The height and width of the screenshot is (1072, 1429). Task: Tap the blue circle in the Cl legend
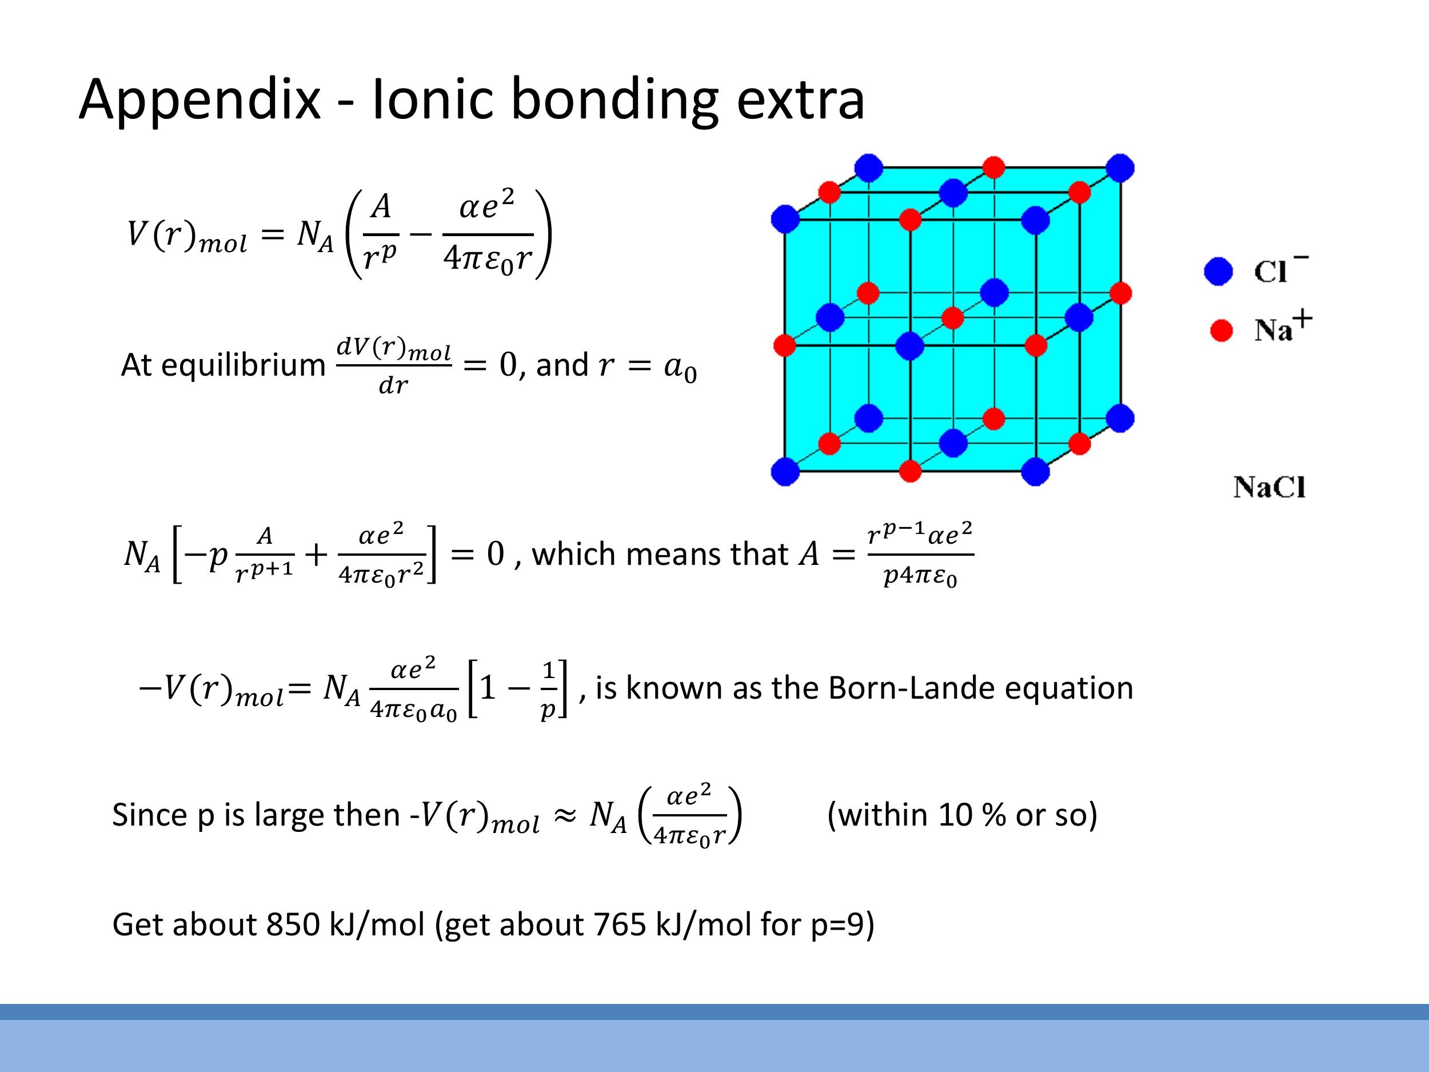tap(1219, 271)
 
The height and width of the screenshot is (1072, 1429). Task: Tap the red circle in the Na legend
tap(1220, 330)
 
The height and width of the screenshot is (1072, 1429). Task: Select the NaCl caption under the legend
tap(1269, 487)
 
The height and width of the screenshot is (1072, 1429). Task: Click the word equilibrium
tap(243, 365)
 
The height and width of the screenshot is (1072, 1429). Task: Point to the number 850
tap(293, 924)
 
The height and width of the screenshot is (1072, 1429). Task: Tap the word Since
tap(149, 815)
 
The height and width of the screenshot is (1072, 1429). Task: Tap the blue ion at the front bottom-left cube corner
tap(785, 471)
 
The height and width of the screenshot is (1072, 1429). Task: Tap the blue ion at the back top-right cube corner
tap(1120, 168)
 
